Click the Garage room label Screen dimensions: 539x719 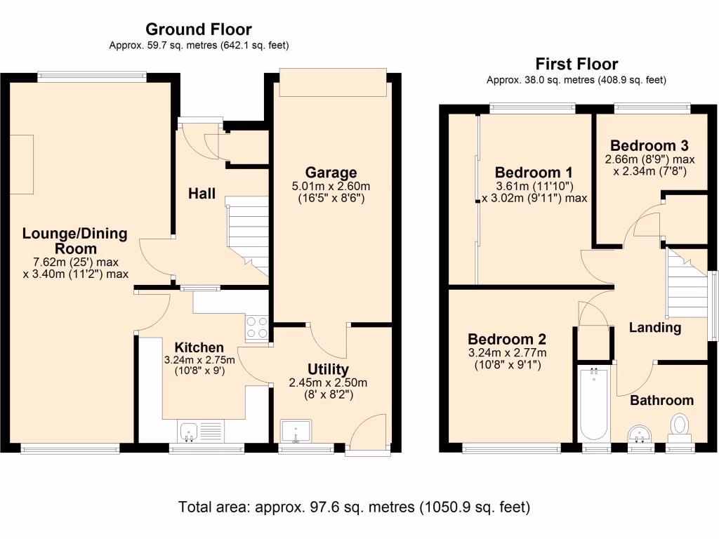331,173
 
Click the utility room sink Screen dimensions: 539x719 296,432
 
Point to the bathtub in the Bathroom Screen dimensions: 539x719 594,403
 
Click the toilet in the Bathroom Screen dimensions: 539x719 679,426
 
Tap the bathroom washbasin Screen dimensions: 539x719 640,434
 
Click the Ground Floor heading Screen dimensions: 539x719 199,29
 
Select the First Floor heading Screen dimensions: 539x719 576,64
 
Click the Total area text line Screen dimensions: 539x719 354,506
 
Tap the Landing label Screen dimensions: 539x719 654,328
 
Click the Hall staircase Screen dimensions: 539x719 248,235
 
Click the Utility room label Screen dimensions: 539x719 329,370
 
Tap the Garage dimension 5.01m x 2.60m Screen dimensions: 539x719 331,186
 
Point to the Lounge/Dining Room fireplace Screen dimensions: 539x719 21,164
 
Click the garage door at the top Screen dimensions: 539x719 332,82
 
